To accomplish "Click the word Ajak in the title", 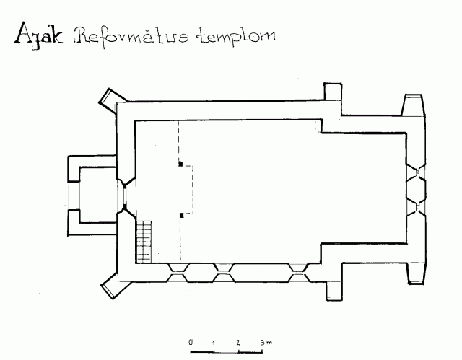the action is point(38,35).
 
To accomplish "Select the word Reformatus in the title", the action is point(131,36).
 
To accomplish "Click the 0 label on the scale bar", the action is point(191,342).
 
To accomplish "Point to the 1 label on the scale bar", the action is point(214,343).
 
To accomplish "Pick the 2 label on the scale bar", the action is point(237,343).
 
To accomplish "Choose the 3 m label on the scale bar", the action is point(266,343).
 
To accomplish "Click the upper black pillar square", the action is point(180,164).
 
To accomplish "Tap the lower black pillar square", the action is point(181,216).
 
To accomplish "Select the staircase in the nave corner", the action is point(144,242).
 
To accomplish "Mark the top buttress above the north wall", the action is point(333,92).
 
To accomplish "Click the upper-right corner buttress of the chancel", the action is point(413,105).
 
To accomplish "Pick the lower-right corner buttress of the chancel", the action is point(417,273).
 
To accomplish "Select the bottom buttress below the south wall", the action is point(334,291).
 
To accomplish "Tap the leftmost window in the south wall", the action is point(177,273).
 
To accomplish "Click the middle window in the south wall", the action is point(225,273).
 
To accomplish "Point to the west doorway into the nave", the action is point(125,196).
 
